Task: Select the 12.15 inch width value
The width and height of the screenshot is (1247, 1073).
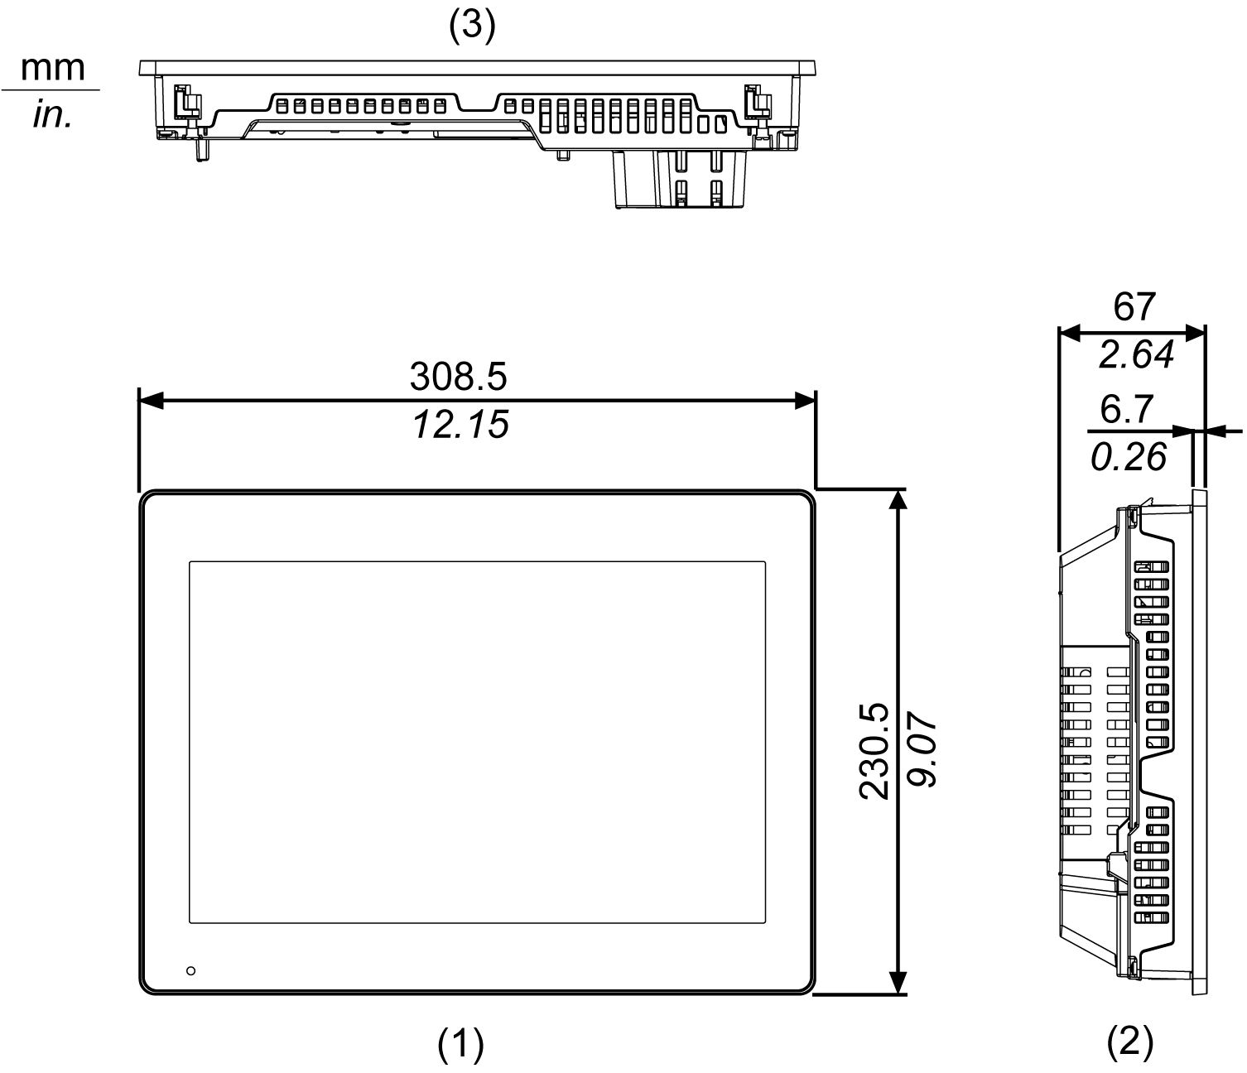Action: coord(460,425)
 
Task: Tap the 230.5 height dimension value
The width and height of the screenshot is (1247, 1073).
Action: coord(874,751)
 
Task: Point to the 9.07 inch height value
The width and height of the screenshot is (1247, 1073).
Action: coord(921,751)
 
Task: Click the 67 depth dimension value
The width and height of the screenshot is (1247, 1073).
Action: coord(1134,307)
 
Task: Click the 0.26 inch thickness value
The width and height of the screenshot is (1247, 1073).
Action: coord(1129,457)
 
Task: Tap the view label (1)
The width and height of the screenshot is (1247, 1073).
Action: coord(460,1045)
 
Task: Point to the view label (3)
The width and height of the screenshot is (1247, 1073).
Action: coord(471,26)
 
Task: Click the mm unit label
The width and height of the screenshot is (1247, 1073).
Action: coord(52,67)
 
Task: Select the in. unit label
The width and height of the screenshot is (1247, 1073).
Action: coord(52,115)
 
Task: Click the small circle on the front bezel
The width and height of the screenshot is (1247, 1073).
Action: coord(191,970)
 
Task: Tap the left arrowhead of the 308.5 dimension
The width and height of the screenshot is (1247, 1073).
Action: coord(149,401)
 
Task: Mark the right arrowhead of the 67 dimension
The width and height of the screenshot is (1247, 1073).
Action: coord(1195,333)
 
